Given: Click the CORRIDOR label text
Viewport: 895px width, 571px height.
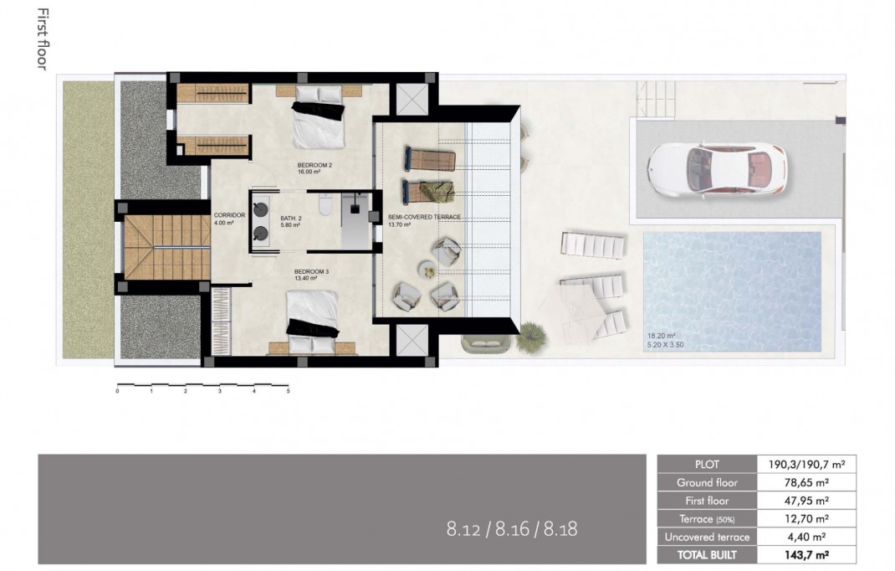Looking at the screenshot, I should coord(228,215).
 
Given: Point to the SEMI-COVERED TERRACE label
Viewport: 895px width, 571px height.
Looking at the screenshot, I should coord(425,217).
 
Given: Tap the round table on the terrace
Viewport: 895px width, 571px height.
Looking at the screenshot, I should coord(427,270).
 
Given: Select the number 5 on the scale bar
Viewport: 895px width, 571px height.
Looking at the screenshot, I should coord(288,390).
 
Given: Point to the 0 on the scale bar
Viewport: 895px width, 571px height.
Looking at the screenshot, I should coord(118,390).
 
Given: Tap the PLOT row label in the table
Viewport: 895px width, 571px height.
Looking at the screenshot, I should coord(707,464).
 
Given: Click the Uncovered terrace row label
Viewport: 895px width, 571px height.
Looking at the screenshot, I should coord(707,537).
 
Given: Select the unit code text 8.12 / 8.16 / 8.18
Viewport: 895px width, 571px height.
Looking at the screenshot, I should coord(512,528).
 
